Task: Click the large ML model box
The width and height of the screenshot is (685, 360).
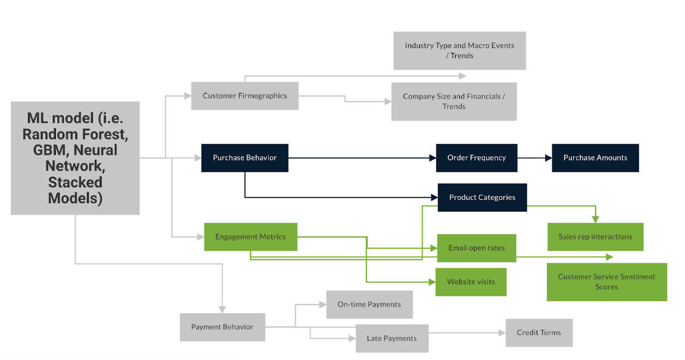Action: coord(75,158)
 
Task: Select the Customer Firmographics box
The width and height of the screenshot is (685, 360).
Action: coord(245,95)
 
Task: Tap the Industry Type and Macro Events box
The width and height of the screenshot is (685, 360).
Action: coord(459,50)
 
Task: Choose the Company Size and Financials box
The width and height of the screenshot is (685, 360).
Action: coord(454,102)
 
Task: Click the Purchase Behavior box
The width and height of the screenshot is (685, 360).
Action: coord(245,157)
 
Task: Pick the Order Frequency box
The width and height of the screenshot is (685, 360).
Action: coord(476,157)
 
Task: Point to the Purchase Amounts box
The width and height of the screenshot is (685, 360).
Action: coord(595,157)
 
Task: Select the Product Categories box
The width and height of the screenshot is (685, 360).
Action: coord(482,197)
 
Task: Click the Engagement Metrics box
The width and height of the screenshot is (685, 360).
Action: coord(250,237)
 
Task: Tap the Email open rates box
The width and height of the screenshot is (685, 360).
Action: coord(476,248)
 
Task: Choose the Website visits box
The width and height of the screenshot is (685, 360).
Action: coord(471,282)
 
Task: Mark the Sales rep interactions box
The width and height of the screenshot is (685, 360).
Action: coord(595,237)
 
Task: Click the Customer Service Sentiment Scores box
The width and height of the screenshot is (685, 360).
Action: coord(607,282)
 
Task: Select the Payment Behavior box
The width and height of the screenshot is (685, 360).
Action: coord(222,327)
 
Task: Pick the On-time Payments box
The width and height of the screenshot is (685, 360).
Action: coord(369,304)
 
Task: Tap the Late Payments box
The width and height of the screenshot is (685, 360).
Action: coord(392,338)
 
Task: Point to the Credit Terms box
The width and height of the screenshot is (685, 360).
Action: coord(538,333)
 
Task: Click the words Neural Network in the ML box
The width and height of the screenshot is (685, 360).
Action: coord(75,157)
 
